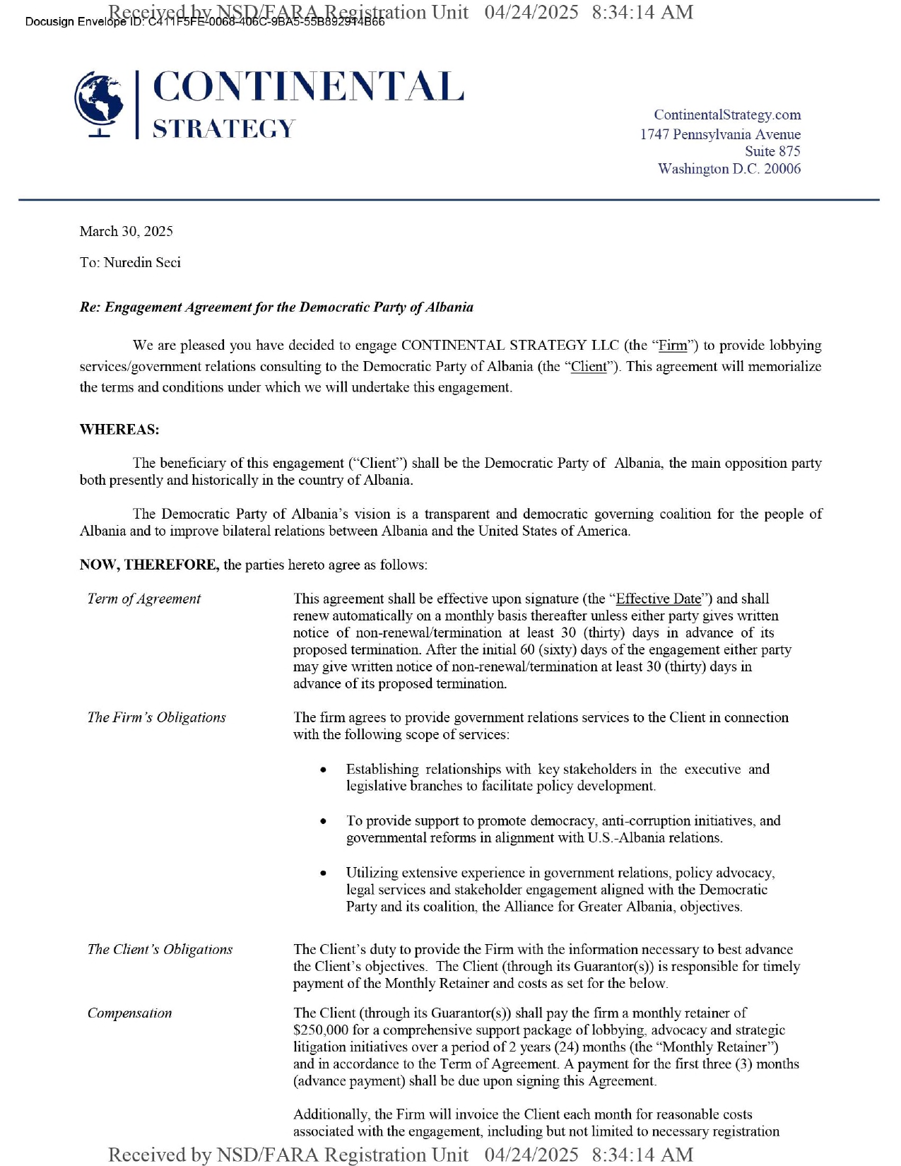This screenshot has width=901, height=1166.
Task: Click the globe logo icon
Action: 100,103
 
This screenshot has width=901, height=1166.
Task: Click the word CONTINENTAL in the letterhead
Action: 308,87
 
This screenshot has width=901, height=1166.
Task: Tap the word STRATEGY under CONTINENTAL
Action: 223,129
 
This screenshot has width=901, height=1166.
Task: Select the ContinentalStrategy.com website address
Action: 726,114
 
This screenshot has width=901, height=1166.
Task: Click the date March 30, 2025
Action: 126,231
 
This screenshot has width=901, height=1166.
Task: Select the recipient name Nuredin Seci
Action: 142,263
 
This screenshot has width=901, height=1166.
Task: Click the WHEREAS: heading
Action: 119,430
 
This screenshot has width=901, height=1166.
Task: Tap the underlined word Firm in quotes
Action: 672,346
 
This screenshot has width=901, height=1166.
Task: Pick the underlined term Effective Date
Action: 659,599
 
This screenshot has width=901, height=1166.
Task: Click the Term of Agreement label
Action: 144,599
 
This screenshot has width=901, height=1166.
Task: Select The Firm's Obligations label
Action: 156,717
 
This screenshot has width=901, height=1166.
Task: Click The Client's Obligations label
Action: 160,949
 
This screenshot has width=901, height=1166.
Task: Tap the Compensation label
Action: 129,1013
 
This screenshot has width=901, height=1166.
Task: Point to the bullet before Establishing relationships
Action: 323,770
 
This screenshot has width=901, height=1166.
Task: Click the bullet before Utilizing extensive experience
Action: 323,873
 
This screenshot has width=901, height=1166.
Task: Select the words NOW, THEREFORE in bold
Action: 149,565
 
